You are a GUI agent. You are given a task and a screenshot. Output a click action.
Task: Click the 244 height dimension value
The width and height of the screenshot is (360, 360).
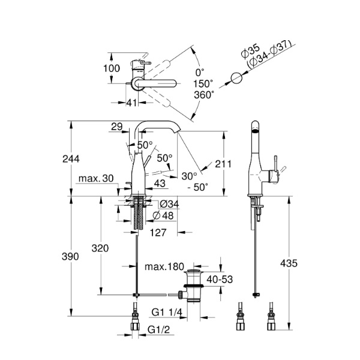click(70, 158)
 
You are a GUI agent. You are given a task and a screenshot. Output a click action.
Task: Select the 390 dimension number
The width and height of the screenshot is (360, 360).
click(70, 256)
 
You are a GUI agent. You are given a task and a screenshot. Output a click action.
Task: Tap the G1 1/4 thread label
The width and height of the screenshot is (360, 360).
click(166, 313)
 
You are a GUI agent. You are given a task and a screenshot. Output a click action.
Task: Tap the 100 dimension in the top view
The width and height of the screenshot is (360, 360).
click(112, 68)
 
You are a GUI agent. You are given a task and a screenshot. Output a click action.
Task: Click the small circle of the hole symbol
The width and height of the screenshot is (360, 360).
click(238, 78)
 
